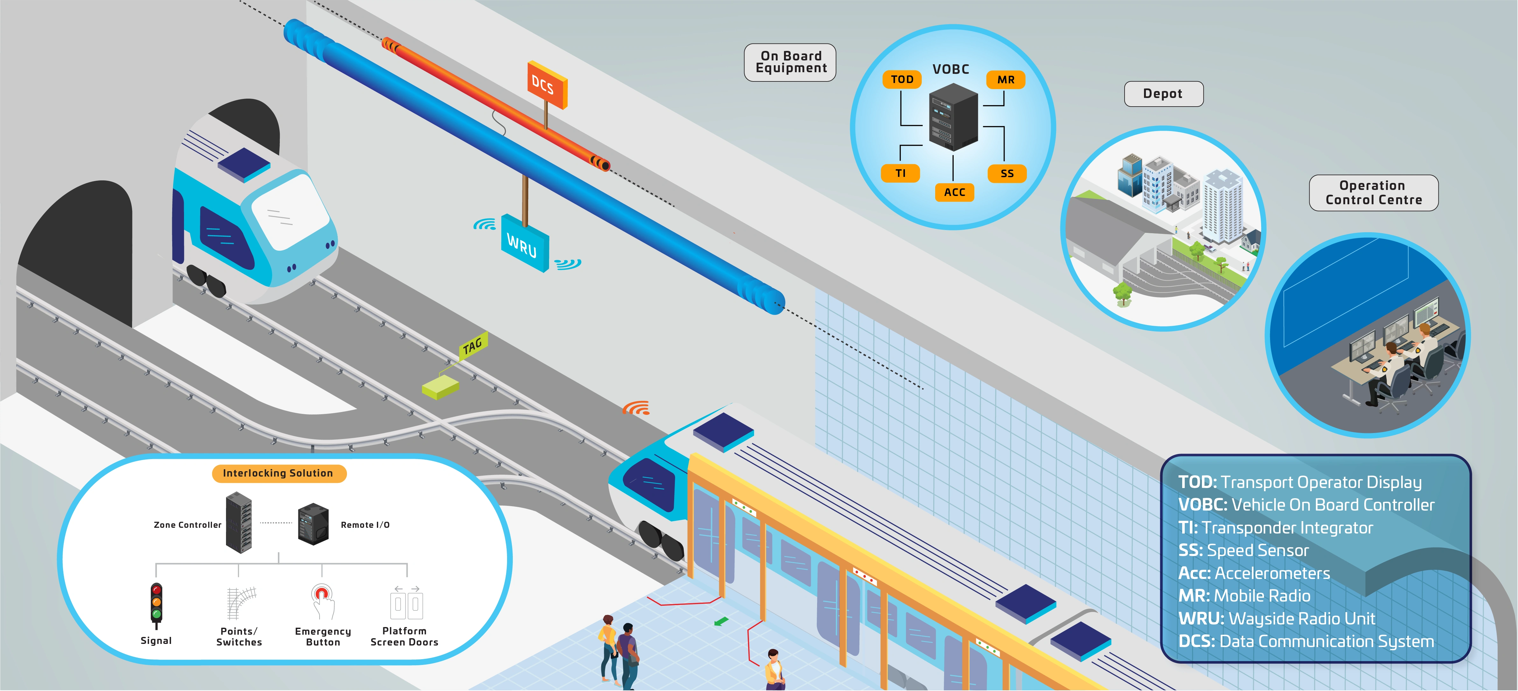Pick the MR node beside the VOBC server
coord(1006,80)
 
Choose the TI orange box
coord(900,173)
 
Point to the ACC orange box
coord(955,192)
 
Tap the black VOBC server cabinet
coord(953,117)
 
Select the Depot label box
coord(1163,94)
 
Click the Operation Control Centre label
coord(1373,192)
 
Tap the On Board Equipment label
coord(790,62)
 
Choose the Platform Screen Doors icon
coord(406,602)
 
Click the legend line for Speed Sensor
coord(1243,550)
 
